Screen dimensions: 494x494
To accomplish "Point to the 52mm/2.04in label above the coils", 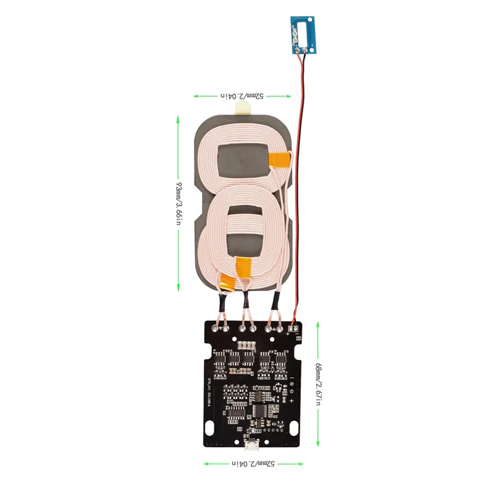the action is click(x=243, y=96).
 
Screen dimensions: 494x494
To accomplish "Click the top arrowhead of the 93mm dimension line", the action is click(x=178, y=117).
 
